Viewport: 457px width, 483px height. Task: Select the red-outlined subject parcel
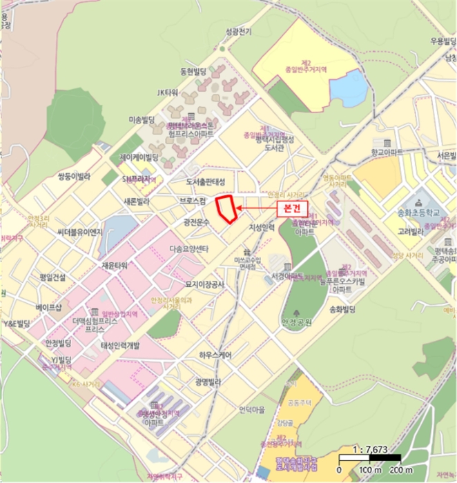(226, 208)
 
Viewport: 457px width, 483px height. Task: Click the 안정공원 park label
(296, 322)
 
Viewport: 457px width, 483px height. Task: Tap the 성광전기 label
(238, 32)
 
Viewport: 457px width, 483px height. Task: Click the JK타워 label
(168, 92)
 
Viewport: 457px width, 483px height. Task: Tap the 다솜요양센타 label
(188, 248)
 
